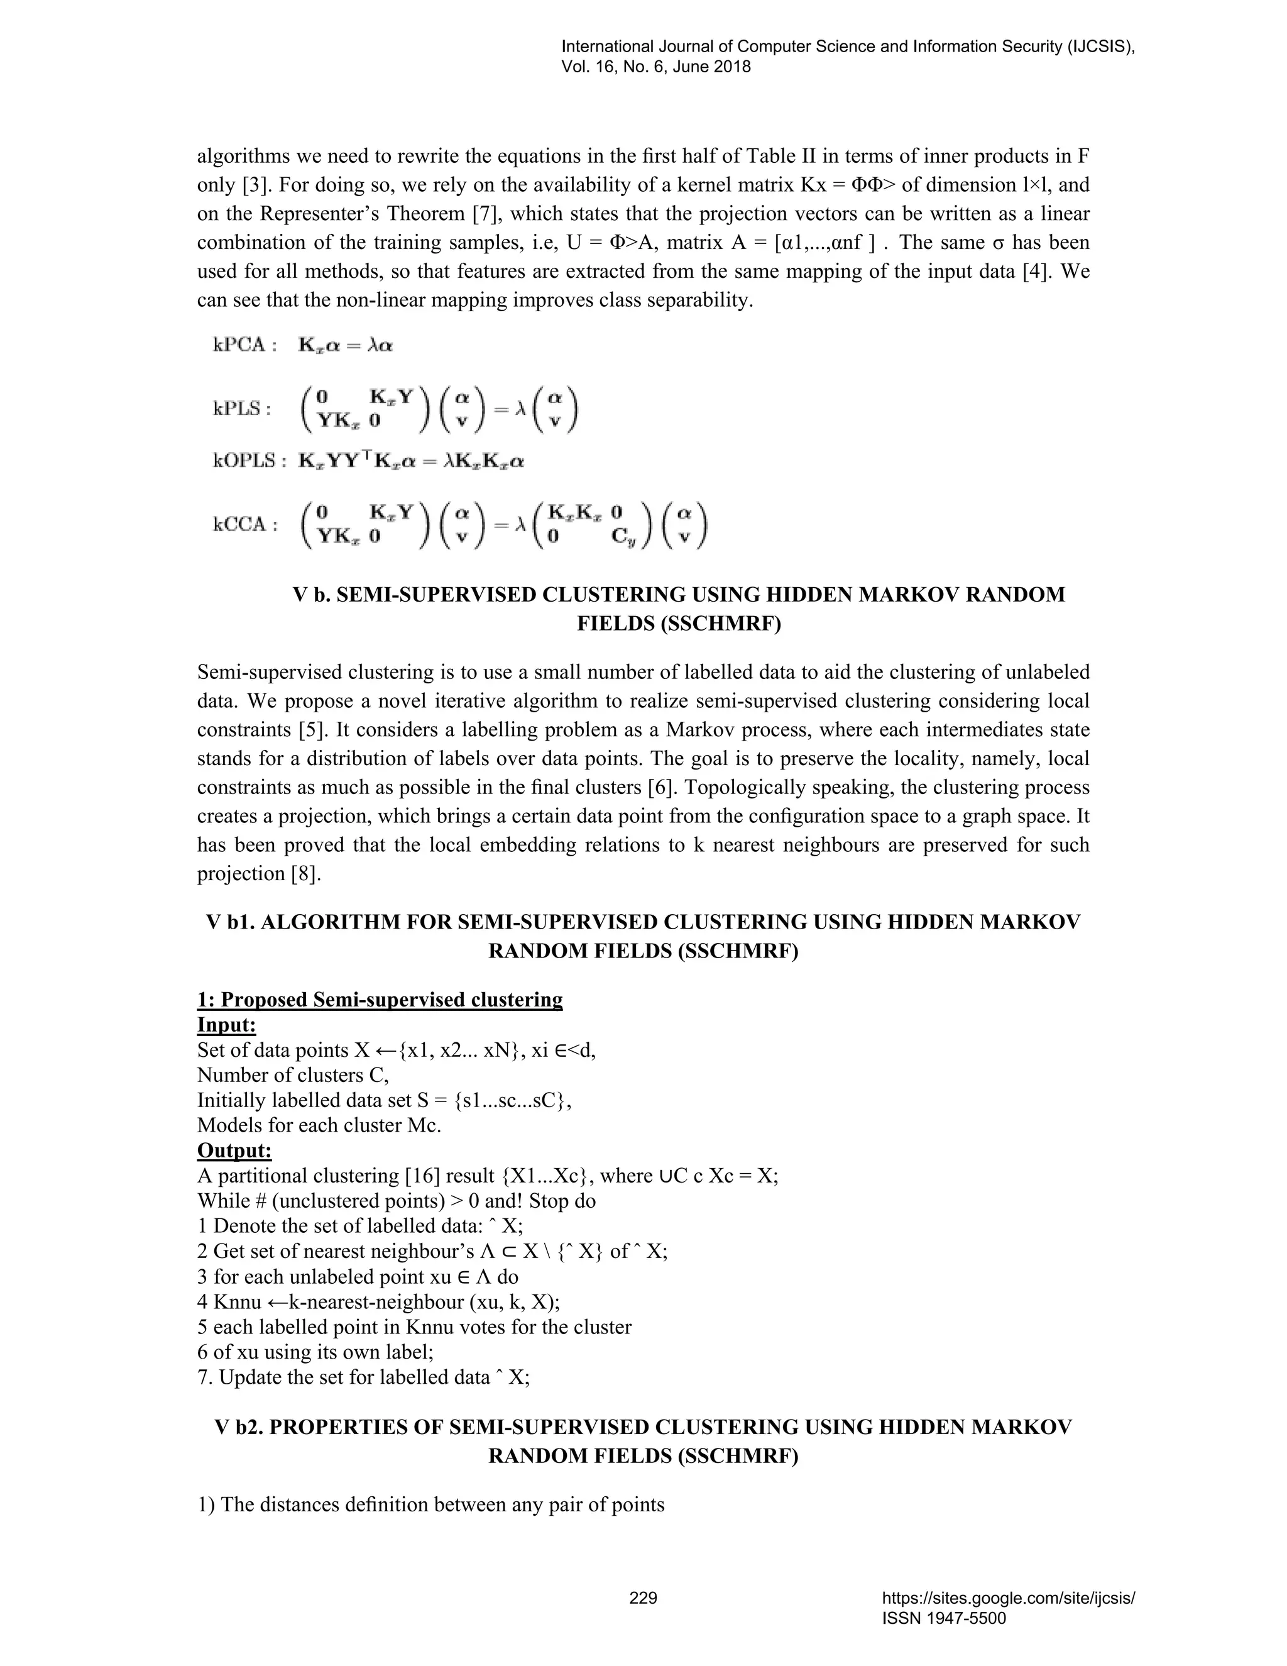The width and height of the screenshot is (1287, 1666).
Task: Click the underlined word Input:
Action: point(226,1025)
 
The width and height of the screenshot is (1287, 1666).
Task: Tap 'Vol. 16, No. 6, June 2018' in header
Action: point(655,67)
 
